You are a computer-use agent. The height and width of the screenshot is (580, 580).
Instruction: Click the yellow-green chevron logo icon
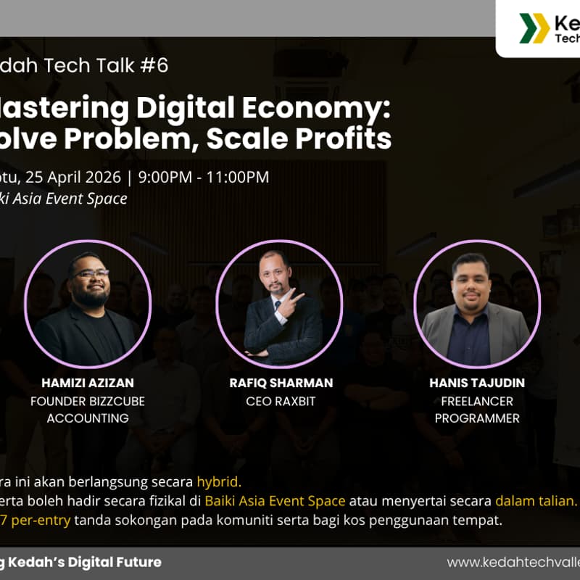coord(534,28)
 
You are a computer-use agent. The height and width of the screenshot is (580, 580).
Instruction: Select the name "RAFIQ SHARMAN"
coord(281,382)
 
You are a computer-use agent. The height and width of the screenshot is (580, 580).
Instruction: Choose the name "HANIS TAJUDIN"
coord(476,382)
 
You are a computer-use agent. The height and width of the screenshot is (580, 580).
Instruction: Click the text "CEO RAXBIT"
coord(281,401)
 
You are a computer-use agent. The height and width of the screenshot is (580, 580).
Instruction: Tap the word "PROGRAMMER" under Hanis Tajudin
coord(476,418)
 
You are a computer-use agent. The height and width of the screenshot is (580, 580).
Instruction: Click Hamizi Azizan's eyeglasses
coord(91,273)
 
